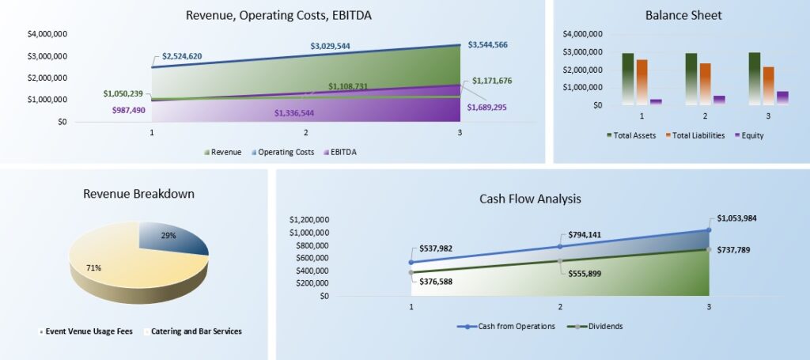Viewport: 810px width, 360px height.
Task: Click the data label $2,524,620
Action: (183, 56)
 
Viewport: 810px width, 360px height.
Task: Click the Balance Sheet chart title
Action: (683, 15)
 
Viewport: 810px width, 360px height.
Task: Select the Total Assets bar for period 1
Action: (628, 78)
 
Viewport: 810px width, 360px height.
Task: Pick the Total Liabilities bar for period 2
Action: (705, 84)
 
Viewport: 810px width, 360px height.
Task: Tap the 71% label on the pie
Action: (93, 268)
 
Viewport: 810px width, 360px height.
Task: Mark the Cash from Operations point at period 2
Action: (560, 246)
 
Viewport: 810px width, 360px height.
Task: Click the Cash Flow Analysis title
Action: (530, 199)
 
